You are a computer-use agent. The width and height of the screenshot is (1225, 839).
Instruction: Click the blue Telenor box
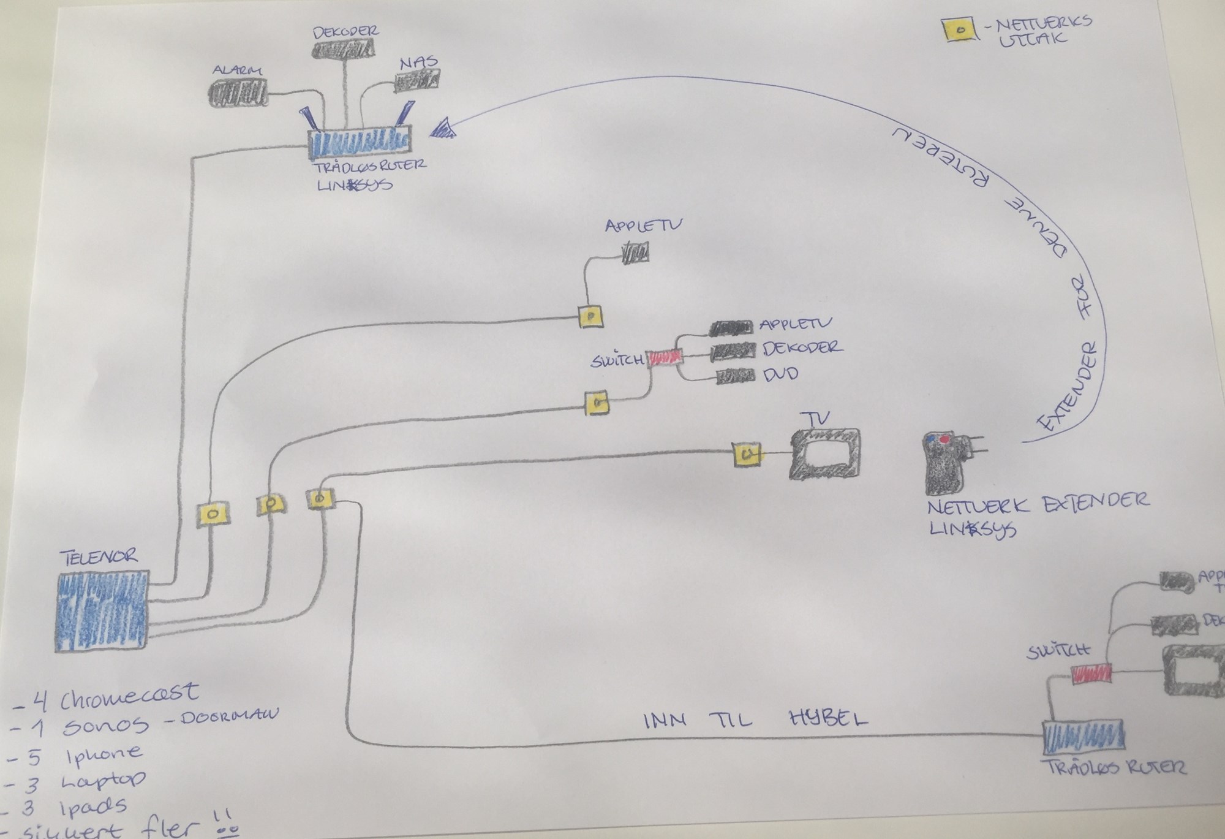[102, 610]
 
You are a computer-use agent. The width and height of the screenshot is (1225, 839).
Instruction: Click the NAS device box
[417, 80]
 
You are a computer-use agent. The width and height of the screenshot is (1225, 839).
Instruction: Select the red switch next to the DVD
[665, 357]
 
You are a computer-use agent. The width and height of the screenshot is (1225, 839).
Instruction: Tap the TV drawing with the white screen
[824, 454]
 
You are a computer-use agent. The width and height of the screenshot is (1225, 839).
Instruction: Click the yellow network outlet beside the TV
[747, 455]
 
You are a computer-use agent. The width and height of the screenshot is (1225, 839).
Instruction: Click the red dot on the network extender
[944, 439]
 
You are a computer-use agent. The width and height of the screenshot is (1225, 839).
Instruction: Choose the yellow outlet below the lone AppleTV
[590, 317]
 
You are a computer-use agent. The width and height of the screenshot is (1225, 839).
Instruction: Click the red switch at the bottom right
[1091, 675]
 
